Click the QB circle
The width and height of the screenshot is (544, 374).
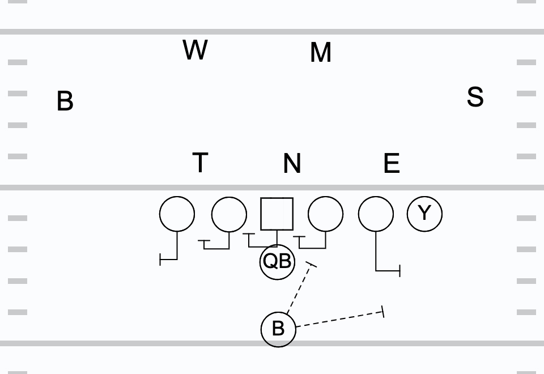pyautogui.click(x=277, y=262)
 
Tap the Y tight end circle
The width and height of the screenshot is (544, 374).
pyautogui.click(x=424, y=214)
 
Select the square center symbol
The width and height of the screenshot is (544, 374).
pyautogui.click(x=277, y=214)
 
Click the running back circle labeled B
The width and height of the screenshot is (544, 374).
pyautogui.click(x=278, y=329)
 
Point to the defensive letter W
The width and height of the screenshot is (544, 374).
pyautogui.click(x=195, y=50)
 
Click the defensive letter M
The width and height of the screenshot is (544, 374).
pyautogui.click(x=321, y=53)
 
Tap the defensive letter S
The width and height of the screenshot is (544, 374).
pyautogui.click(x=475, y=97)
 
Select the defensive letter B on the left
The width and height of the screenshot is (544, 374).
pyautogui.click(x=65, y=101)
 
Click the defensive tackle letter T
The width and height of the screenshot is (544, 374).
pyautogui.click(x=200, y=163)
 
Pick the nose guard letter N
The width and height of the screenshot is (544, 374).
pyautogui.click(x=292, y=164)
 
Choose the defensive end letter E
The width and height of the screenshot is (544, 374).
pyautogui.click(x=392, y=163)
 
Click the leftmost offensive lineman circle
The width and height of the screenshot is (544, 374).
pyautogui.click(x=177, y=214)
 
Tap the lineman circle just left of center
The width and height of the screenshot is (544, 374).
pyautogui.click(x=229, y=214)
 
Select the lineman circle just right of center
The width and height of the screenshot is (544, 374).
pyautogui.click(x=325, y=214)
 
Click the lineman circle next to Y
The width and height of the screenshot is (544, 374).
pyautogui.click(x=376, y=214)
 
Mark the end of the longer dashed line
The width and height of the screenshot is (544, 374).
pyautogui.click(x=384, y=311)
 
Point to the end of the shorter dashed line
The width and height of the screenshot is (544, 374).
pyautogui.click(x=311, y=264)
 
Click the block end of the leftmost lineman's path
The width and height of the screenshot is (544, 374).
pyautogui.click(x=161, y=260)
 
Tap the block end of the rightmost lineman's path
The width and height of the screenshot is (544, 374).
pyautogui.click(x=400, y=271)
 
